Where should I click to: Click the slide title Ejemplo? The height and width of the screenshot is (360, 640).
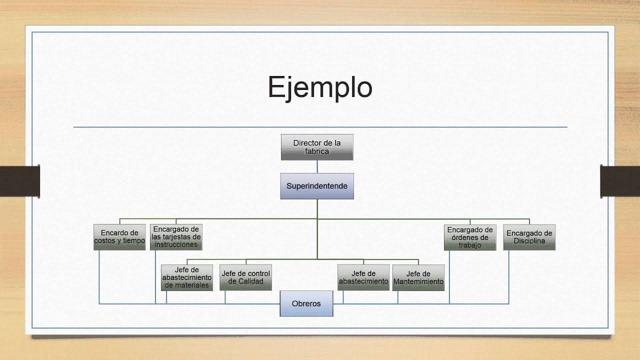pos(320,87)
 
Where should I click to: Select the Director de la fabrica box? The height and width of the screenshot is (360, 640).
pos(317,147)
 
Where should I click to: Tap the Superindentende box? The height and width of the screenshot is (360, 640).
pos(317,186)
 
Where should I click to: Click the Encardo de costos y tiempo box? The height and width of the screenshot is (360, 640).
pos(119,237)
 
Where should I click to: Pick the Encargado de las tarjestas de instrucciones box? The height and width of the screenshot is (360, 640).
pos(176,237)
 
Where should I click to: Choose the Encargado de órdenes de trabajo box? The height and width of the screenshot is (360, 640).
pos(470,237)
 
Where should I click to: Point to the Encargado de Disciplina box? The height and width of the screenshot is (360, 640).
pos(529,237)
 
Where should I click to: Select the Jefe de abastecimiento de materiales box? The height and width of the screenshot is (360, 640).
pos(187,277)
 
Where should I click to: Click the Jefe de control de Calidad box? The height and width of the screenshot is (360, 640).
pos(245,277)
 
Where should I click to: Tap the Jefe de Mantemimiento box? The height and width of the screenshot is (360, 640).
pos(418,277)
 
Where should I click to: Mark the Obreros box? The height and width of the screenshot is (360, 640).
pos(306,303)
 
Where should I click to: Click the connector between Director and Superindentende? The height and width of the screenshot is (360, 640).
pos(317,166)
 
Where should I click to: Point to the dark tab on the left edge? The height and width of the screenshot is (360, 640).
pos(20,181)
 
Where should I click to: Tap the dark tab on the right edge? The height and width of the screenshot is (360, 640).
pos(620,181)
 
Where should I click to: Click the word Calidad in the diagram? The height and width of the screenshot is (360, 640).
pos(250,281)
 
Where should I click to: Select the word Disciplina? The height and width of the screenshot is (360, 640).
pos(529,241)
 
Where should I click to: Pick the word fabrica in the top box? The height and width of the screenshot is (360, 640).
pos(317,151)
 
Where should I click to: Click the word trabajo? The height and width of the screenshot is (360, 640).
pos(470,245)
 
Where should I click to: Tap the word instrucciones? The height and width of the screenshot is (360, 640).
pos(176,244)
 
